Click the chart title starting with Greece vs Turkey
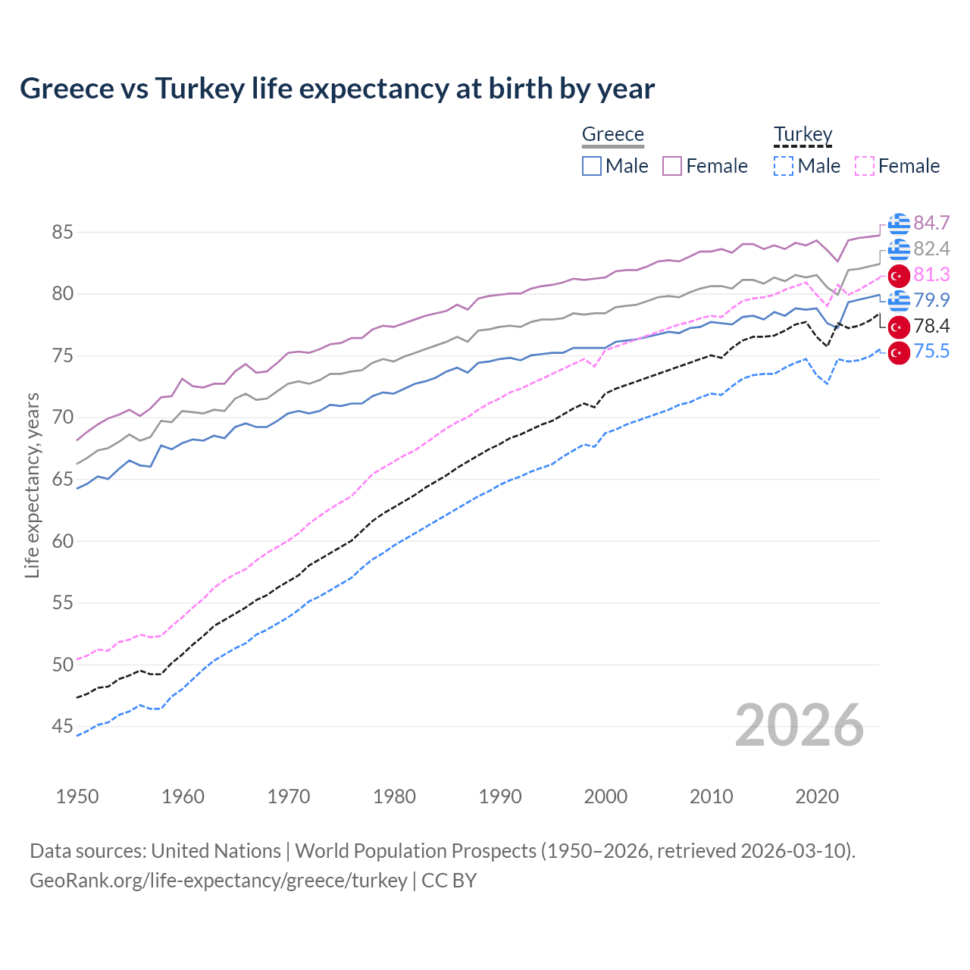337,89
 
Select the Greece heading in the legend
612,134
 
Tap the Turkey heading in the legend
803,134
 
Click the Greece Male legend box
592,166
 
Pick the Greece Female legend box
672,166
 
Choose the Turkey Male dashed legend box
784,166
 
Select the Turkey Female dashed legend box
865,166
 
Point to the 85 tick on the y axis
62,232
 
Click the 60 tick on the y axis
62,541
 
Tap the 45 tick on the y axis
62,727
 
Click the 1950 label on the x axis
77,796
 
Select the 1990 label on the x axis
500,796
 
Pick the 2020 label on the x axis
817,796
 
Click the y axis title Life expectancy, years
32,485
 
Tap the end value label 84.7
931,223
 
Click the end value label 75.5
931,352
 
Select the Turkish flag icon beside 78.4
899,327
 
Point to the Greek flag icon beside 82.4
899,249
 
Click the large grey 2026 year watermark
799,725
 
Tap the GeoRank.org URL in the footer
218,881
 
